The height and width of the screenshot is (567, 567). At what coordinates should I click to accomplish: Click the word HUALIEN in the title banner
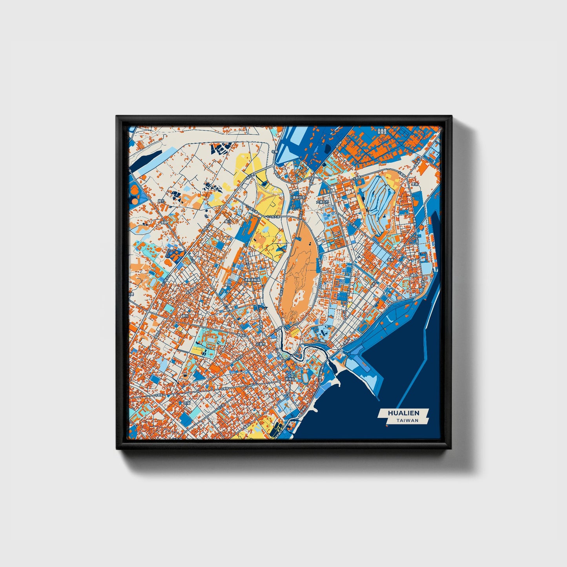pos(403,413)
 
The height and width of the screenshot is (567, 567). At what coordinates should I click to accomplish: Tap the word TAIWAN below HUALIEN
pos(407,420)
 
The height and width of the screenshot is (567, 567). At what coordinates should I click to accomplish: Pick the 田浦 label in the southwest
pos(187,403)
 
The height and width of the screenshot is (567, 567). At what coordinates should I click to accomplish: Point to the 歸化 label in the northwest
pos(160,201)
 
